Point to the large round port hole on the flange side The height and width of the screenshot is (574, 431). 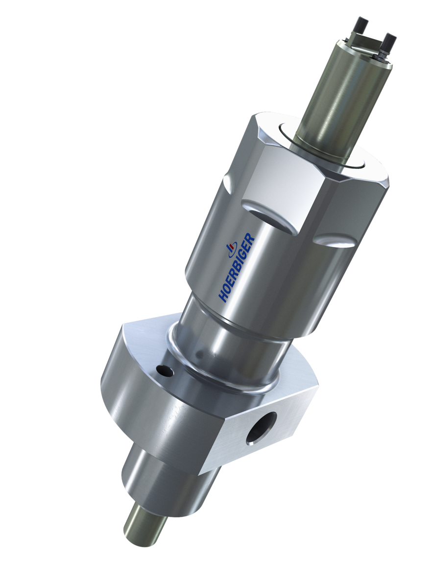coord(262,426)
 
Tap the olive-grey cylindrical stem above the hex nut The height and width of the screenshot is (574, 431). coord(338,98)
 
